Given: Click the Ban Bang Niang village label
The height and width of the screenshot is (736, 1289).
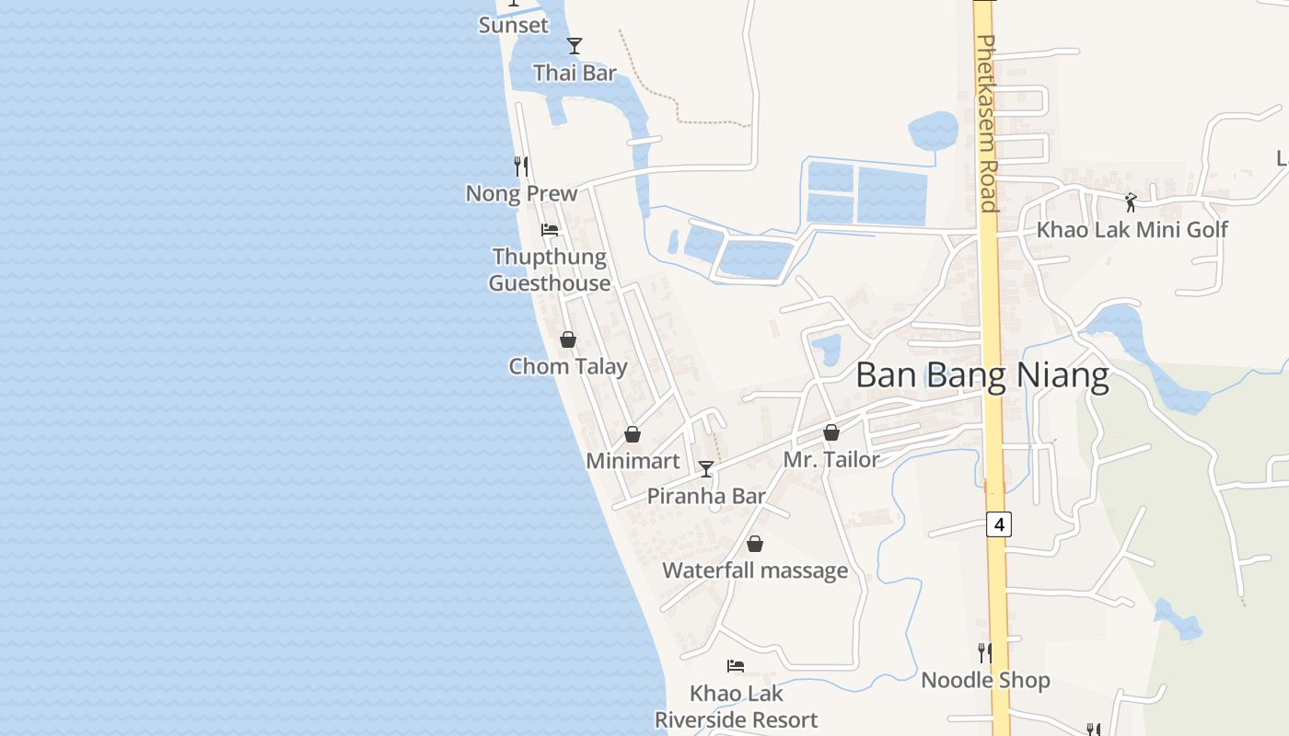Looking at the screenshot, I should [x=981, y=376].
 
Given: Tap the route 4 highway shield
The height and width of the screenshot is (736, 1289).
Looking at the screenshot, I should [x=999, y=524].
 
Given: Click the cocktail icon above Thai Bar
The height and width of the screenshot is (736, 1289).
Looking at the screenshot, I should [x=575, y=46].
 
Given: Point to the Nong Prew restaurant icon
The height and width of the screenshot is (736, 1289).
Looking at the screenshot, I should [x=521, y=167].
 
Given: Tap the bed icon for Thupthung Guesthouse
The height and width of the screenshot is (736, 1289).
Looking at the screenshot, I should [x=550, y=229].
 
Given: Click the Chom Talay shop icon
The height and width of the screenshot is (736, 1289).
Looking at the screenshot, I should [x=568, y=339].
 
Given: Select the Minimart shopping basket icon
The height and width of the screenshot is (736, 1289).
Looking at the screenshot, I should [x=633, y=434].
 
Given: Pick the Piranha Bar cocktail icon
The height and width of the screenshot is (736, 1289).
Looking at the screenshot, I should [x=706, y=469].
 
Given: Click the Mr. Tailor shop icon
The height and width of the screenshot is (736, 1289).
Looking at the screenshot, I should [x=831, y=432].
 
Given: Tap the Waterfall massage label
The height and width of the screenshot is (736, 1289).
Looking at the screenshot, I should [x=755, y=570].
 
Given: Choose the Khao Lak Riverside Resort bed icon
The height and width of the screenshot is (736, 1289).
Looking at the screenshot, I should [x=735, y=665].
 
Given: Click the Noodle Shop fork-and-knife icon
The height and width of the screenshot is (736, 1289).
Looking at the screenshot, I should [x=985, y=653].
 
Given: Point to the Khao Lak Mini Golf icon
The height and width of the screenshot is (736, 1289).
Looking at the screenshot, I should [x=1131, y=202].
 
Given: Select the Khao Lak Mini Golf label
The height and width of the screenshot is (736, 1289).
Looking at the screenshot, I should [x=1132, y=230].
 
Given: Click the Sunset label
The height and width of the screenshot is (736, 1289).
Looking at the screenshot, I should [x=513, y=25].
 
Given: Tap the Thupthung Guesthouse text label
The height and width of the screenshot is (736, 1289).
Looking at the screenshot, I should [x=550, y=270].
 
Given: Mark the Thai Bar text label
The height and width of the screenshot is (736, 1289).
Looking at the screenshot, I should [x=575, y=73].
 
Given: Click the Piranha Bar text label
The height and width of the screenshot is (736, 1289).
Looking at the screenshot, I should [x=706, y=497].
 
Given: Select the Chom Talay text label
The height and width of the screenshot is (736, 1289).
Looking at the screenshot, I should [x=568, y=366].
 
